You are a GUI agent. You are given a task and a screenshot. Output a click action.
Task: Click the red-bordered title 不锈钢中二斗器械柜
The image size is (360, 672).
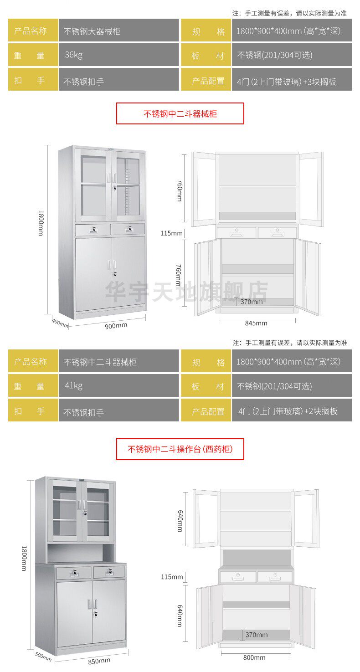pos(180,113)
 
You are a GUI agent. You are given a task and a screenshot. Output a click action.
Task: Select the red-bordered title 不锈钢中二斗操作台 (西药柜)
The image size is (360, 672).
pos(180,449)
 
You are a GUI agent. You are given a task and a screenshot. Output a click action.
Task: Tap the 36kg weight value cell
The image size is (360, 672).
pos(118,55)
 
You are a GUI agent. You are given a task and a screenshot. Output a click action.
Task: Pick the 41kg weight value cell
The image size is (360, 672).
pos(118,386)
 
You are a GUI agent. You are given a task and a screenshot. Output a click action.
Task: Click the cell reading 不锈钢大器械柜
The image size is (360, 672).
pos(118,31)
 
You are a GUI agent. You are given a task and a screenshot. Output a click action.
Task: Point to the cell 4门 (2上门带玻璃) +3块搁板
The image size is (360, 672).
pos(292,81)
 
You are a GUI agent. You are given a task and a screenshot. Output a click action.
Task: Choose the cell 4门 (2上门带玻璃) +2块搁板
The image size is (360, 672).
pos(292,411)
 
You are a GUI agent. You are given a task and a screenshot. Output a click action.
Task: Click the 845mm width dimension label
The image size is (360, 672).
pos(256,323)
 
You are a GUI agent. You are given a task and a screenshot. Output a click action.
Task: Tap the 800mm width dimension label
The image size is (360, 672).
pos(254,657)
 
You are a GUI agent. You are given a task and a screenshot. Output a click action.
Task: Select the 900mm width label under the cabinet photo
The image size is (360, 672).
pos(116,325)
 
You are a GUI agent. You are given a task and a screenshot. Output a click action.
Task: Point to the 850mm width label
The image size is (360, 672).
pos(99,660)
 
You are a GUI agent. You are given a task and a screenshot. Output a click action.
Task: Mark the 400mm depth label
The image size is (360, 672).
pos(60,323)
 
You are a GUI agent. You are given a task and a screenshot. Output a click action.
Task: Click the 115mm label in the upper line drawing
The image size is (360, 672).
pos(171,233)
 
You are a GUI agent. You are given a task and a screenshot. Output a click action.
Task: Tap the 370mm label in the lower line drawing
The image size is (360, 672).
pos(256,635)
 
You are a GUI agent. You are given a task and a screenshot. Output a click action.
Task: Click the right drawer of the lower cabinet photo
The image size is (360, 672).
pos(109,572)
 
